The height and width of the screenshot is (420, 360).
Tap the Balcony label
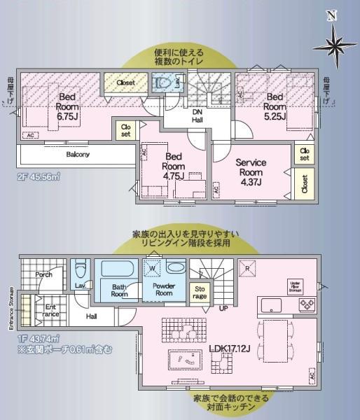pyautogui.click(x=78, y=154)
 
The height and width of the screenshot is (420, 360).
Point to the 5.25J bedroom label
pyautogui.click(x=275, y=106)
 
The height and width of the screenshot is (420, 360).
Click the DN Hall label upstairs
pyautogui.click(x=198, y=115)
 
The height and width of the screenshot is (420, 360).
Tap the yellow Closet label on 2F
pyautogui.click(x=126, y=83)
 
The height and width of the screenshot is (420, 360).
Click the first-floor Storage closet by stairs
pyautogui.click(x=200, y=293)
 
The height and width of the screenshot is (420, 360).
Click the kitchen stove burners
pyautogui.click(x=307, y=304)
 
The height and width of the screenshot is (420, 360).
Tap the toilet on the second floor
pyautogui.click(x=165, y=84)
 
